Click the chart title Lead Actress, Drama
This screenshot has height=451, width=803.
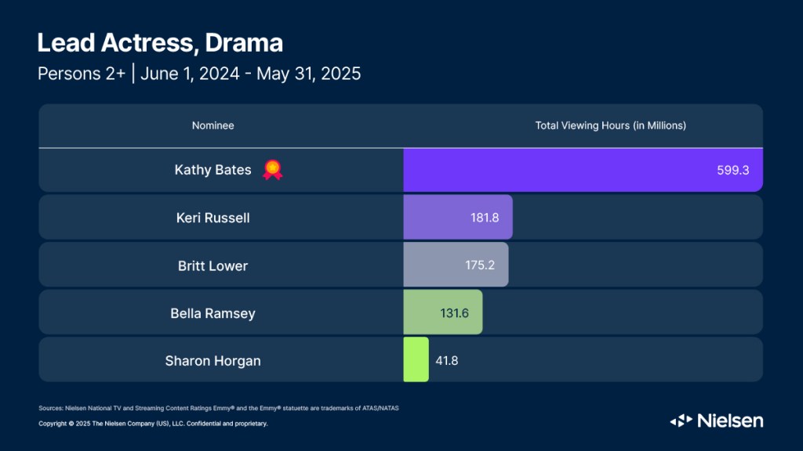(160, 42)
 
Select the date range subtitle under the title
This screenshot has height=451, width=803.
(199, 74)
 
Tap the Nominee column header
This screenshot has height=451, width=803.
(213, 125)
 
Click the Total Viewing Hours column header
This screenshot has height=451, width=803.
(610, 125)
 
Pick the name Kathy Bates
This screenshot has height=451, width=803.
(213, 170)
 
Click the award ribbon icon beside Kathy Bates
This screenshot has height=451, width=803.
(272, 169)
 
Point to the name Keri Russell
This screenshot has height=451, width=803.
(213, 218)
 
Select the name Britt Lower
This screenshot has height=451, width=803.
(213, 265)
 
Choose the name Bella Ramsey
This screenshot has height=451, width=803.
(213, 313)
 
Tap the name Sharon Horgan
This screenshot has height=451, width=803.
(213, 361)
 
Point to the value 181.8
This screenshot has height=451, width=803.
(483, 218)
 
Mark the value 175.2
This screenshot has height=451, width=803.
(479, 265)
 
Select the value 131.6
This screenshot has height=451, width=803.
(454, 313)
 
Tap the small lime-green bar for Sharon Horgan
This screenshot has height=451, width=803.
(416, 359)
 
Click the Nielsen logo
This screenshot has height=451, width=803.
(716, 420)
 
